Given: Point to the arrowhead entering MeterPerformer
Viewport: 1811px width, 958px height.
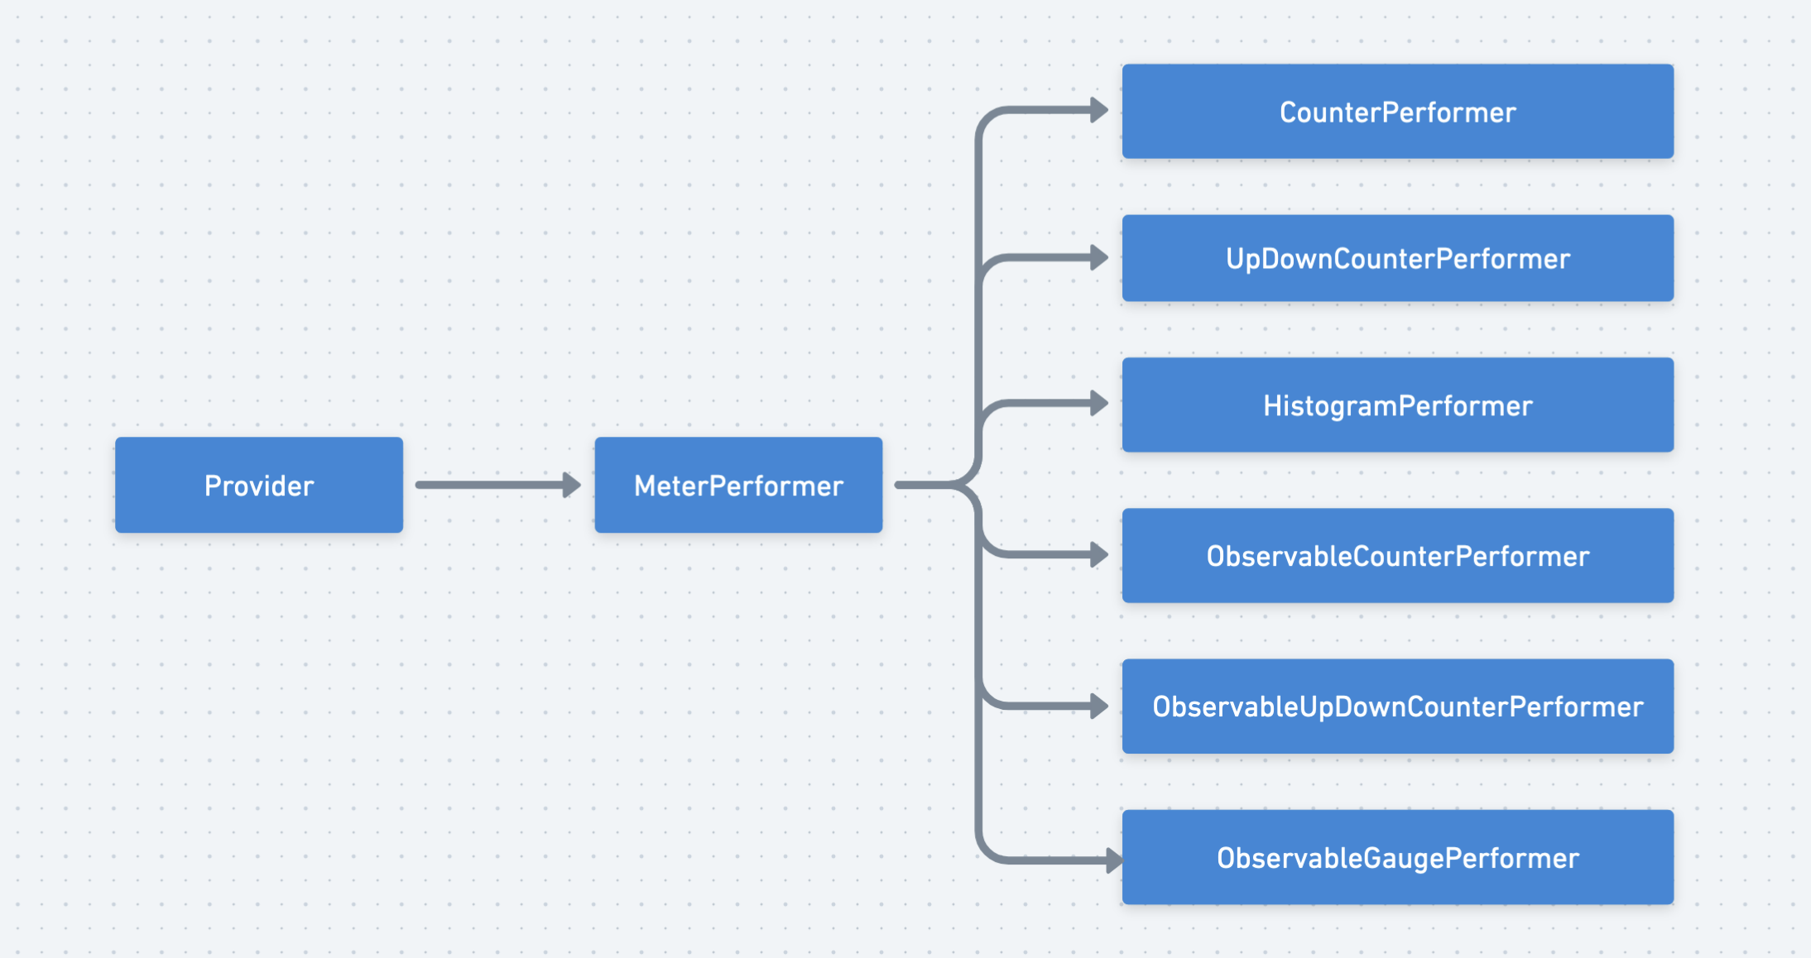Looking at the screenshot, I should coord(571,485).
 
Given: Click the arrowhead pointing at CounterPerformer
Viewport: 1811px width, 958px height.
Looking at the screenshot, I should coord(1099,110).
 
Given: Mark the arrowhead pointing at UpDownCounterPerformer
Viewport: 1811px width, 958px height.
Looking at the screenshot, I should coord(1099,257).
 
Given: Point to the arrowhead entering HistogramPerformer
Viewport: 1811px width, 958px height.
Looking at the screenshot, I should coord(1099,404).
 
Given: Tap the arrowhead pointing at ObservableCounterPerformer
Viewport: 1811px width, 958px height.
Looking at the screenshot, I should coord(1099,554).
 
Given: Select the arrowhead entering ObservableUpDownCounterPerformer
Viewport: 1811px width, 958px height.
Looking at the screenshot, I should coord(1099,706).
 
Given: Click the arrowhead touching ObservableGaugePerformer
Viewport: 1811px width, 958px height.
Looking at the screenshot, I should coord(1113,860).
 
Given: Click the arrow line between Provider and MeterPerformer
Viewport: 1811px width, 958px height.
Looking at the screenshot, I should coord(488,485).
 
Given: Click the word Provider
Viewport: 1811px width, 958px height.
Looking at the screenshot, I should coord(259,486).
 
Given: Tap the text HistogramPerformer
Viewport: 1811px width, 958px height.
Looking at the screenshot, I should coord(1397,406).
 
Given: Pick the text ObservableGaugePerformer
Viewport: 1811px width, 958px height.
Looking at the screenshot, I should coord(1397,858).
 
